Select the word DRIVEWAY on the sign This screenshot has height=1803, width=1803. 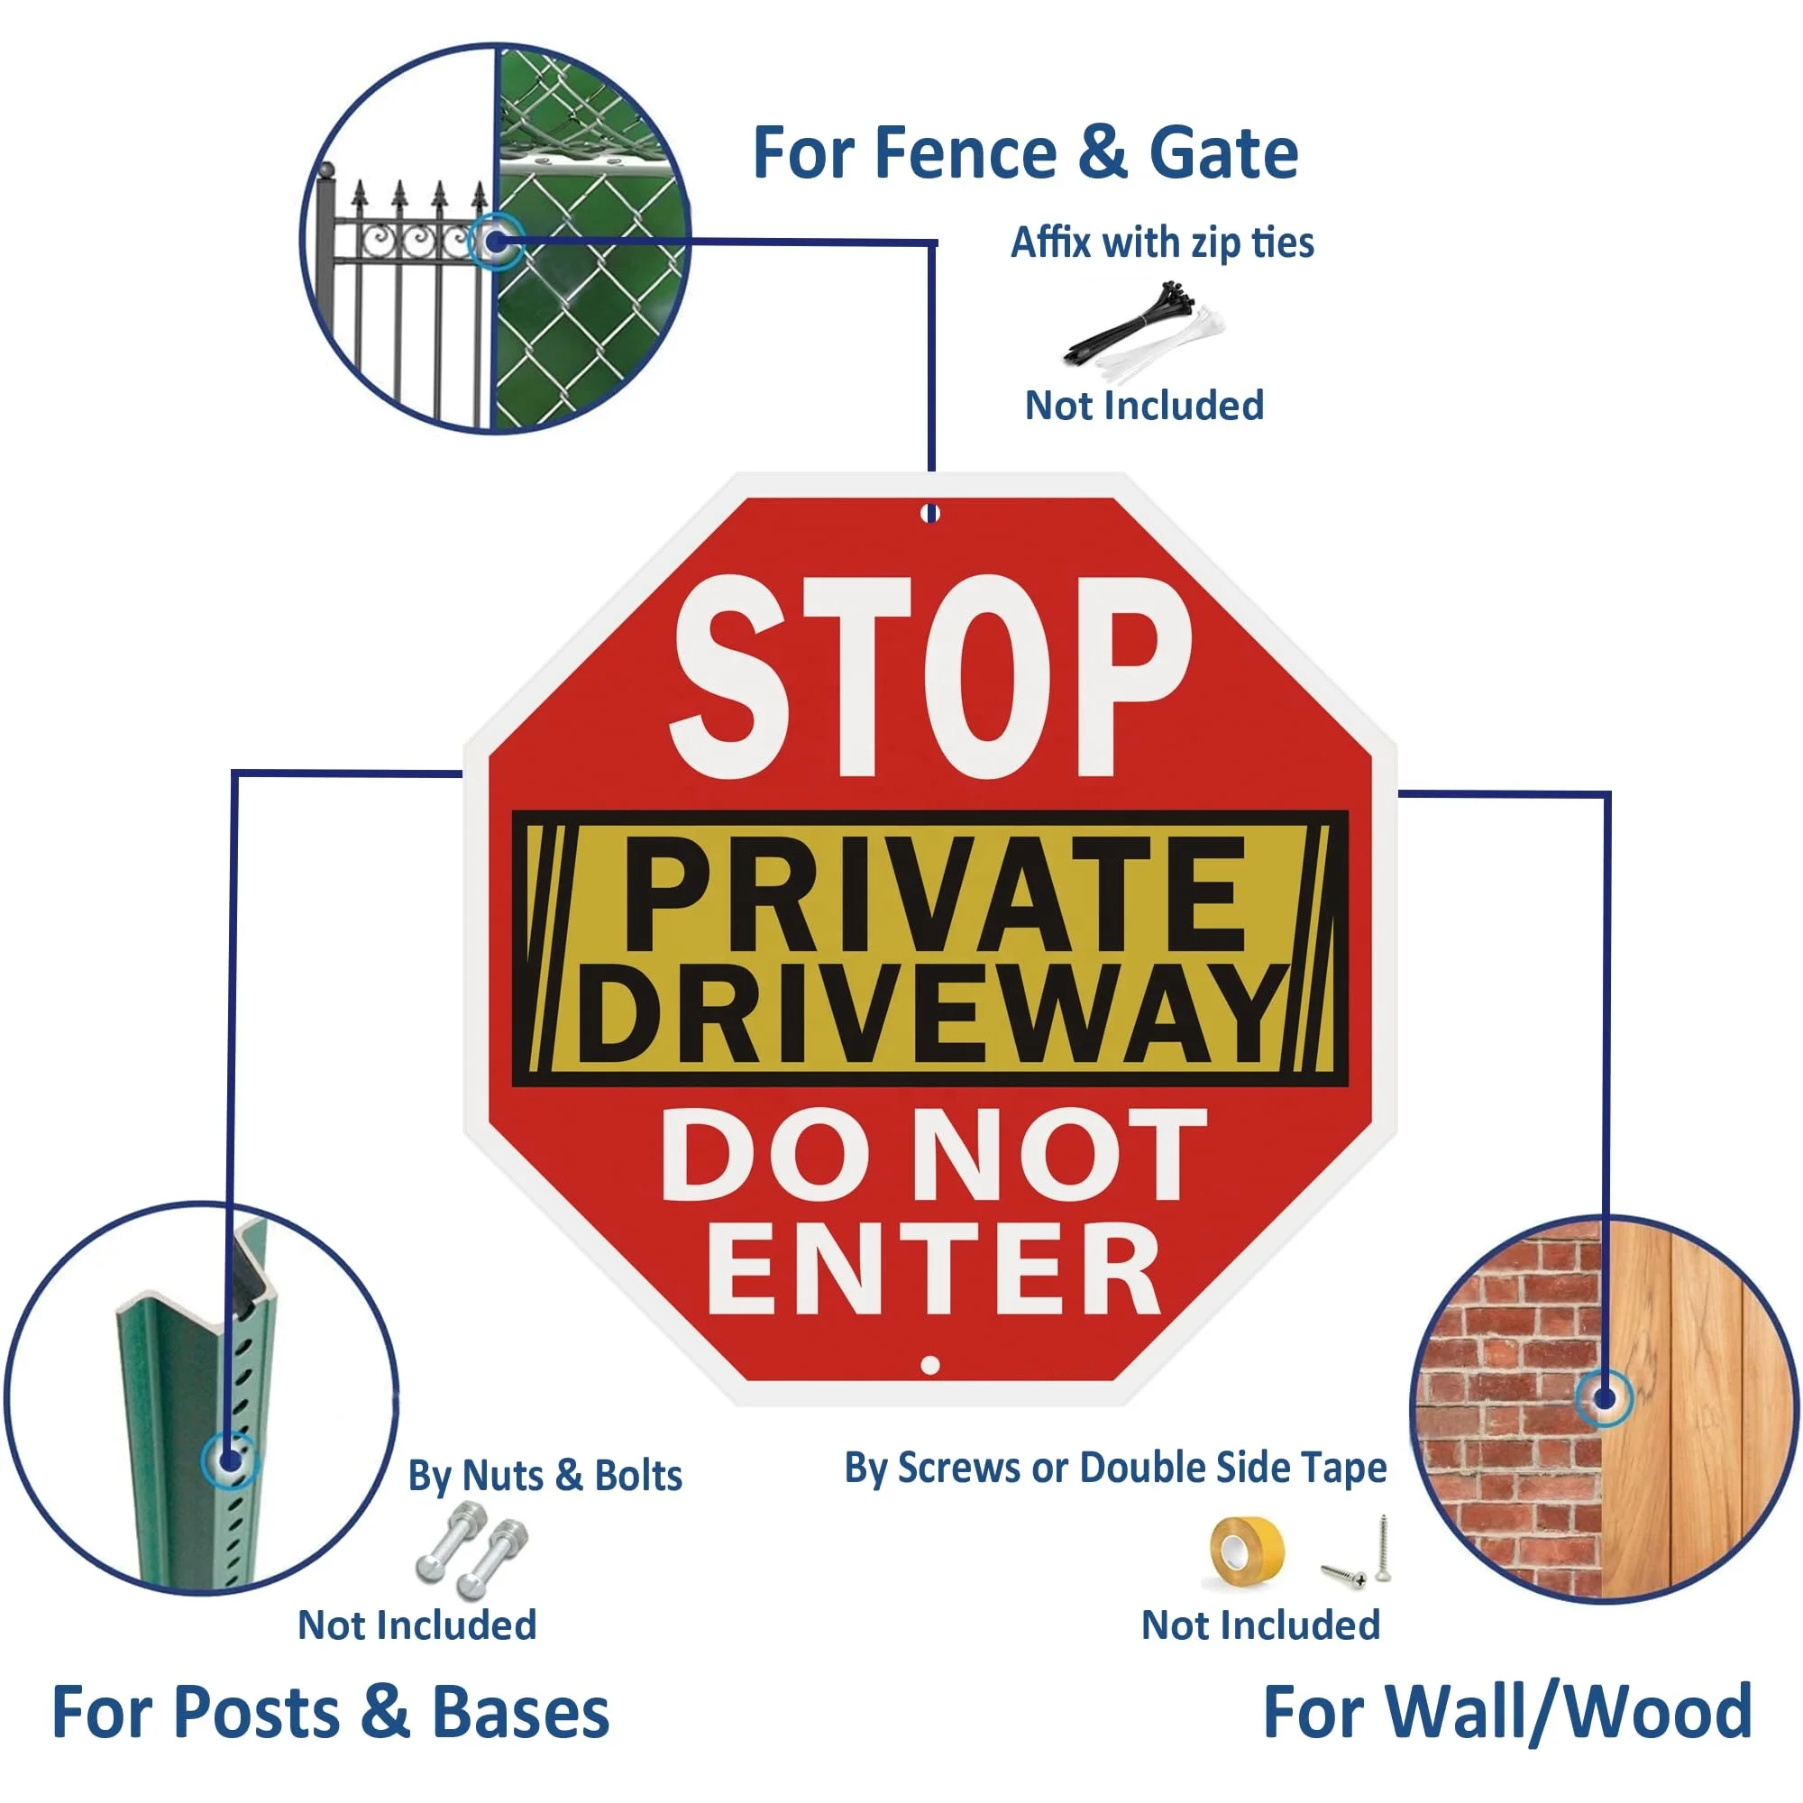[x=931, y=1014]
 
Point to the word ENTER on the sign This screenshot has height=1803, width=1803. [x=933, y=1270]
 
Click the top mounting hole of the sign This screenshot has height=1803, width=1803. [x=930, y=513]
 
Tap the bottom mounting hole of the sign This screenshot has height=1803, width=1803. [x=929, y=1365]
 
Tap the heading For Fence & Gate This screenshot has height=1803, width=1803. [x=1025, y=153]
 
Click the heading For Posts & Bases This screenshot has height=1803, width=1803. [x=330, y=1713]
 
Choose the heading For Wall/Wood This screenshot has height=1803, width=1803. [x=1507, y=1713]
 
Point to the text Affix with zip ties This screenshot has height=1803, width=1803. [x=1162, y=243]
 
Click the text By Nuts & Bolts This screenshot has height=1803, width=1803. [x=545, y=1477]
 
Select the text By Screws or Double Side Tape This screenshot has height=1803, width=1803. [x=1115, y=1468]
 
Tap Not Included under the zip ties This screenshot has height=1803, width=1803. [x=1144, y=406]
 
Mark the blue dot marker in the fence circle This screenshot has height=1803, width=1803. [x=496, y=243]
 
